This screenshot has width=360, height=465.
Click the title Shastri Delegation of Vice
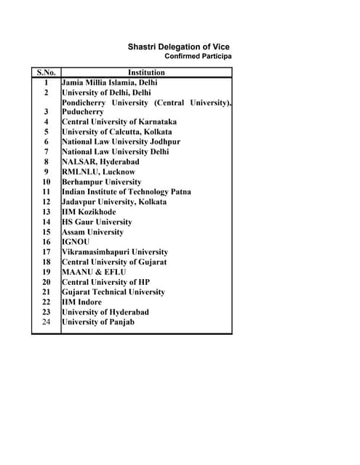coord(179,46)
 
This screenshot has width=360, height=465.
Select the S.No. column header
coord(46,73)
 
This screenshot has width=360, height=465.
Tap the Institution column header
coord(146,73)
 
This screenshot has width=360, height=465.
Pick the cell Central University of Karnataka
coord(119,122)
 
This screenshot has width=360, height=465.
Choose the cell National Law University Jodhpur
coord(121,142)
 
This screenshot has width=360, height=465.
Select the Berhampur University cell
coord(101,182)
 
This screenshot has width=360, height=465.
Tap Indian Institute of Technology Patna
coord(127,192)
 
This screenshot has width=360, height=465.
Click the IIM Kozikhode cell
coord(89,212)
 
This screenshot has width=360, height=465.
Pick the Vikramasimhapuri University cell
coord(115,252)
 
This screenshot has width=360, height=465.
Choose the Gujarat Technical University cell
coord(113,292)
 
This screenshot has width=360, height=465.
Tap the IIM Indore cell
coord(81,302)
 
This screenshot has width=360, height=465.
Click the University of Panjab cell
coord(98,322)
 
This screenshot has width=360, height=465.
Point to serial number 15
coord(46,232)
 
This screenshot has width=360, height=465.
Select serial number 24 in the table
coord(46,322)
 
